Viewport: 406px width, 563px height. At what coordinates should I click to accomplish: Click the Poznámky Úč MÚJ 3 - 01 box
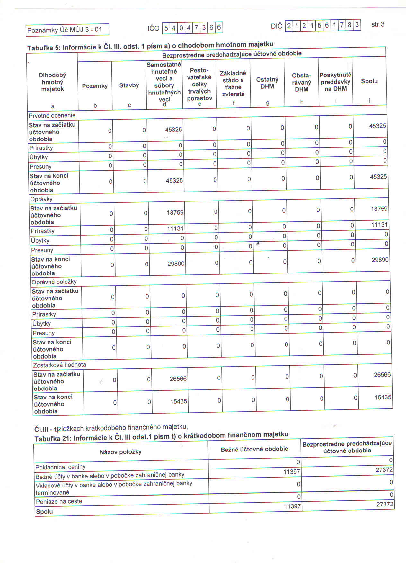67,30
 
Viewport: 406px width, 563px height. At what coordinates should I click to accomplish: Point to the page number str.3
377,24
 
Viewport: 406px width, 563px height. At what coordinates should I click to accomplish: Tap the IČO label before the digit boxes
154,28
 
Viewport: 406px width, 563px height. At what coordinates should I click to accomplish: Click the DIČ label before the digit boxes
277,26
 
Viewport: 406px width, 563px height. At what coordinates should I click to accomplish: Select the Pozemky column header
95,86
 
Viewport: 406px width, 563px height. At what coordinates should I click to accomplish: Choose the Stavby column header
129,85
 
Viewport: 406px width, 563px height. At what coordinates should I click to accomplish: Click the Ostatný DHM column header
267,83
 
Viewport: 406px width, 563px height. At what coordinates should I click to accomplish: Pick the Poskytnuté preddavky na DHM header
335,82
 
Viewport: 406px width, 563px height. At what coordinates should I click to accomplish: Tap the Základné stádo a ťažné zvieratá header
233,84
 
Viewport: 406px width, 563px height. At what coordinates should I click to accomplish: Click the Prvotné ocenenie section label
52,115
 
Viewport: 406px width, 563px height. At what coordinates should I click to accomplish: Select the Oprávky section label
41,199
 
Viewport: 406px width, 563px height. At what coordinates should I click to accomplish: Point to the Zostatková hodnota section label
60,365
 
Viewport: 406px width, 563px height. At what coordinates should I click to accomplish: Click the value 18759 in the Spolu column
379,209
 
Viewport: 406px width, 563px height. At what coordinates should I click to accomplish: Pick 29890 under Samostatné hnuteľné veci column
176,264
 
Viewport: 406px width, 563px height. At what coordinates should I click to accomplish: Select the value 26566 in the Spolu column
382,375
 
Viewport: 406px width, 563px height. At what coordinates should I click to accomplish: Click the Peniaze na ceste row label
59,501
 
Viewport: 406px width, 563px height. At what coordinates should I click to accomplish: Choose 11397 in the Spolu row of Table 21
292,506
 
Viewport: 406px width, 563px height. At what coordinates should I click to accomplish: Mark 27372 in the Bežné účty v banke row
384,470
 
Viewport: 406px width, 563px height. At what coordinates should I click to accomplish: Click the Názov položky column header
120,452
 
